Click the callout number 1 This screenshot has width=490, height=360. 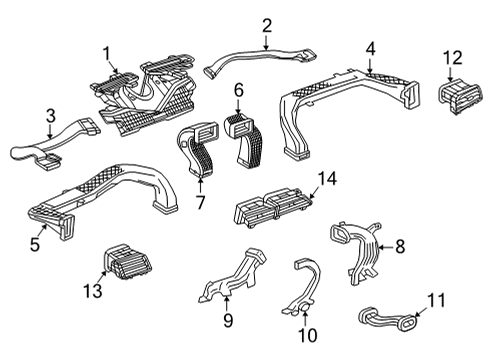[106, 54]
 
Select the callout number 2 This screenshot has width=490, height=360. [267, 26]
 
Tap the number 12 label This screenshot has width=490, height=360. [452, 58]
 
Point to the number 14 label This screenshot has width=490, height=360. [327, 179]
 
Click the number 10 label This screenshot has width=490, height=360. [307, 335]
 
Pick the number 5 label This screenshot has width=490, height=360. [35, 244]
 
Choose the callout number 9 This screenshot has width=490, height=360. [228, 320]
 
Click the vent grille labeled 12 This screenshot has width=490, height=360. [460, 97]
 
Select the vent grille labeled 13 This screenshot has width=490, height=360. [128, 262]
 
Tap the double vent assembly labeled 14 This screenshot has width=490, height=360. [274, 208]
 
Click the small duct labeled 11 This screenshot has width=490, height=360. [389, 318]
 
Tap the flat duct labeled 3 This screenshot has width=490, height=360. [53, 143]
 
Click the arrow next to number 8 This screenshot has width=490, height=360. [385, 247]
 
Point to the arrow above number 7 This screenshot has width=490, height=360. [200, 185]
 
